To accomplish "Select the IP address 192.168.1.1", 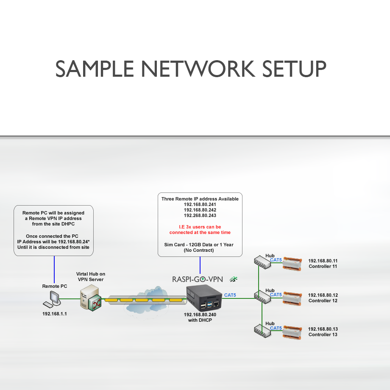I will pyautogui.click(x=54, y=315).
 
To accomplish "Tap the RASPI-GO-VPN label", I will pyautogui.click(x=198, y=279).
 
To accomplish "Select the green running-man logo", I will pyautogui.click(x=234, y=279).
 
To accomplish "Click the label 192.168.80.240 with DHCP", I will pyautogui.click(x=200, y=318).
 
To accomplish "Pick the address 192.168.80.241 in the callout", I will pyautogui.click(x=200, y=204).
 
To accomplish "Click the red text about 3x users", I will pyautogui.click(x=200, y=230).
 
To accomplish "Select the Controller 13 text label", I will pyautogui.click(x=323, y=334).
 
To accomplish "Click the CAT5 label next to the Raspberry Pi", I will pyautogui.click(x=230, y=295).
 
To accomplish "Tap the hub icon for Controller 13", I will pyautogui.click(x=262, y=331).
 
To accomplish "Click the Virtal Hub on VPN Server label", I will pyautogui.click(x=91, y=277).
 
